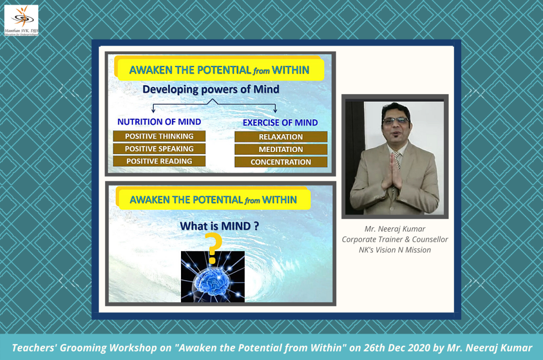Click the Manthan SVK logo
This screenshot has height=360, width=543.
coord(21,20)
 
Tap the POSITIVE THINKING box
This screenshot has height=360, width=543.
coord(159,136)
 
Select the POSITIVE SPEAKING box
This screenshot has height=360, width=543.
coord(159,149)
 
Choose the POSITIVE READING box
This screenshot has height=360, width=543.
coord(159,161)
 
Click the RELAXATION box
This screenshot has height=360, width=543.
coord(281,137)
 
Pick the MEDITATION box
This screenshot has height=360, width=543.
coord(281,149)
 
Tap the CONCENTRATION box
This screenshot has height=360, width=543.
coord(281,162)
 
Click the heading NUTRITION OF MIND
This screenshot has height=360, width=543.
coord(159,122)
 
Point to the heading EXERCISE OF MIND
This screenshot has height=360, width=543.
coord(280,123)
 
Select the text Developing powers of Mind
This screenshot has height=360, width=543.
coord(211,89)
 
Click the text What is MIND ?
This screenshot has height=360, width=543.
coord(219,226)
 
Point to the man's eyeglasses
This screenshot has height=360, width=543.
coord(395,121)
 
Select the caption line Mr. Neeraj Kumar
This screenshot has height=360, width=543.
coord(395,229)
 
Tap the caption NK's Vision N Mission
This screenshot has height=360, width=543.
coord(395,250)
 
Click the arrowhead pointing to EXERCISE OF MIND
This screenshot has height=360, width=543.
coord(275,111)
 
